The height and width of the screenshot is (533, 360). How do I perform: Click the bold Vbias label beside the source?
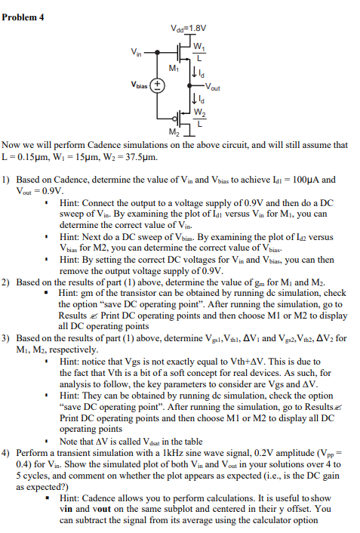(x=140, y=85)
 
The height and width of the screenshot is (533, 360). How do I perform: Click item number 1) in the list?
(x=6, y=180)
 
